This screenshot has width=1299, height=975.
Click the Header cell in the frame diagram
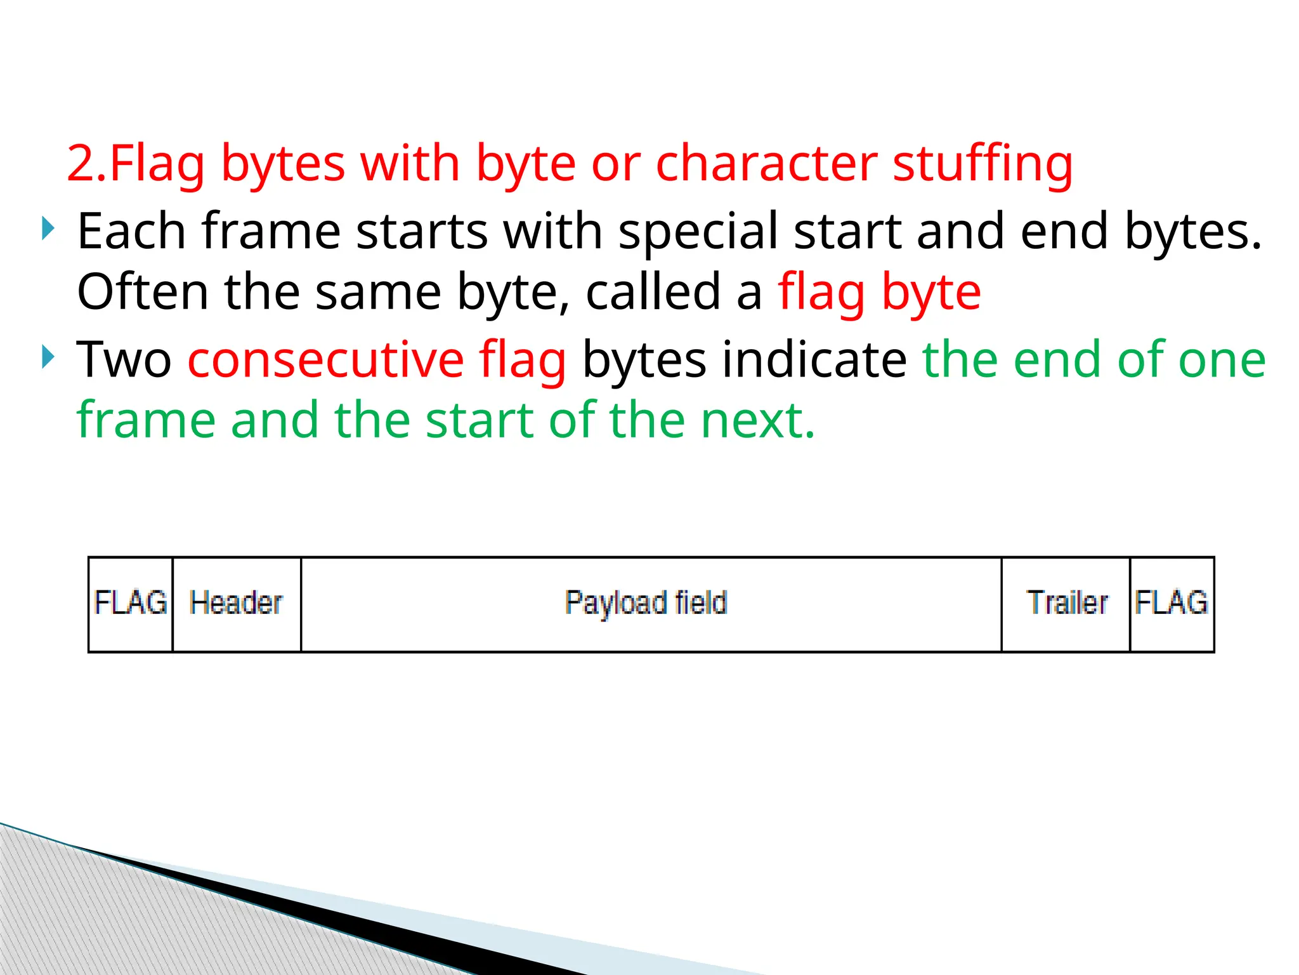[236, 603]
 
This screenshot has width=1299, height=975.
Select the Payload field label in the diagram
[646, 603]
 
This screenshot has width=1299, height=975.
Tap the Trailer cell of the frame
[1067, 603]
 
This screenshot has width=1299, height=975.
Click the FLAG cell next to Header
[131, 603]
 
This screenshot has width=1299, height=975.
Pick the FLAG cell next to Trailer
[1172, 603]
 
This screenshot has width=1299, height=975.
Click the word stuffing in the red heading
[982, 164]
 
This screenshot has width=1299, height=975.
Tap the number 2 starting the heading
[81, 164]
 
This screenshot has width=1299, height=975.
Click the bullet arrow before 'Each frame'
[48, 229]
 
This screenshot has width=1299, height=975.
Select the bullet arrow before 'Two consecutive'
[48, 357]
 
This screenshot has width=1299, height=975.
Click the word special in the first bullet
[698, 232]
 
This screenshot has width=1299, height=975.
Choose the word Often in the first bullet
[143, 293]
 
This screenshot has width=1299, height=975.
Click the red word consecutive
[325, 360]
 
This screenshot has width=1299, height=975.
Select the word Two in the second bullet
[124, 360]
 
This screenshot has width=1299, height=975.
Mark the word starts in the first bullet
[422, 232]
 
